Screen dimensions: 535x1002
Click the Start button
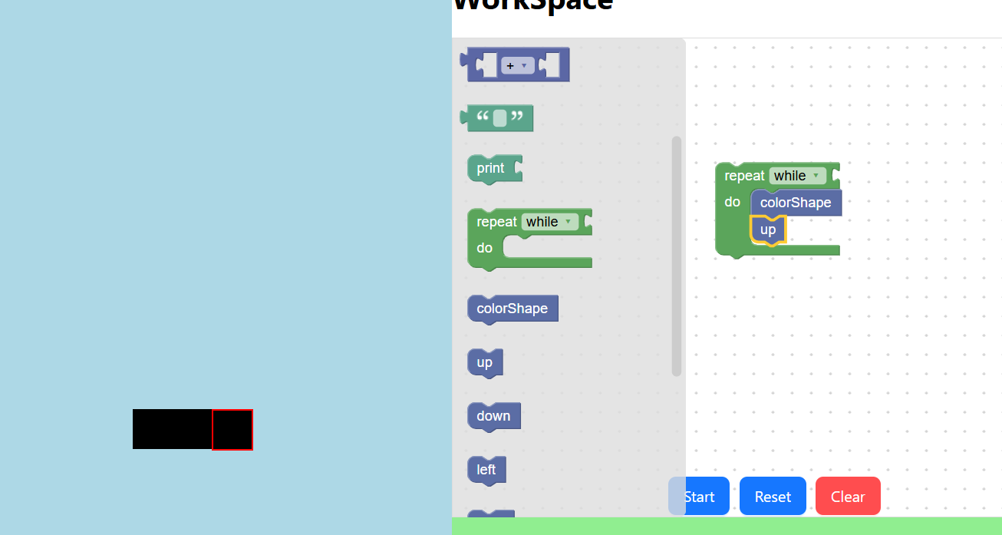699,497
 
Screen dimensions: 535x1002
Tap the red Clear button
848,497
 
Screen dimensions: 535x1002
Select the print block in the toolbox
491,169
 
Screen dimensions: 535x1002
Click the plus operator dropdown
517,66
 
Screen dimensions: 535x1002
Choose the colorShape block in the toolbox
512,309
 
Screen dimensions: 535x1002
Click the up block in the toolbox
485,362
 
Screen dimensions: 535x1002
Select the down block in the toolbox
493,416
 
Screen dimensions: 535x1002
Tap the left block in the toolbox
486,470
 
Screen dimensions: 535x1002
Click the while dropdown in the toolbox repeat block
549,222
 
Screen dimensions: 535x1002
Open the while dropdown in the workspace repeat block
797,176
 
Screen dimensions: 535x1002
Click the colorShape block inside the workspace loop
796,203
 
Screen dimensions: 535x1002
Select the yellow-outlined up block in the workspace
768,230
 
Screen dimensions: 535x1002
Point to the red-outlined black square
232,430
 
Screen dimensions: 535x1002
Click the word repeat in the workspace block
744,176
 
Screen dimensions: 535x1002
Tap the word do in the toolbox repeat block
485,248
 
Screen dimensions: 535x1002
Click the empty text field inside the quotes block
499,118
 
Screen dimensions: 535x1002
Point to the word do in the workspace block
733,202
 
